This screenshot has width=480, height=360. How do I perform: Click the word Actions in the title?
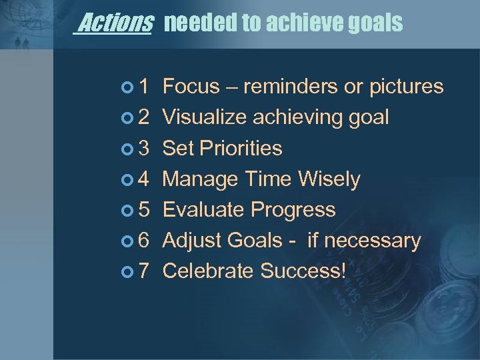115,24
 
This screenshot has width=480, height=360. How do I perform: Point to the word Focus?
191,87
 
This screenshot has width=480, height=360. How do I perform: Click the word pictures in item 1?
404,87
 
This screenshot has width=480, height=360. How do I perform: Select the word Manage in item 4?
201,179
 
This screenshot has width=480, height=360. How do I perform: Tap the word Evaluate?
203,209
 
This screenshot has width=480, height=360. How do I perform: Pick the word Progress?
293,209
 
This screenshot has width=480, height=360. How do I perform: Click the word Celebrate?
208,271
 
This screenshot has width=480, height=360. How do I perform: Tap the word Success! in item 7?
304,271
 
